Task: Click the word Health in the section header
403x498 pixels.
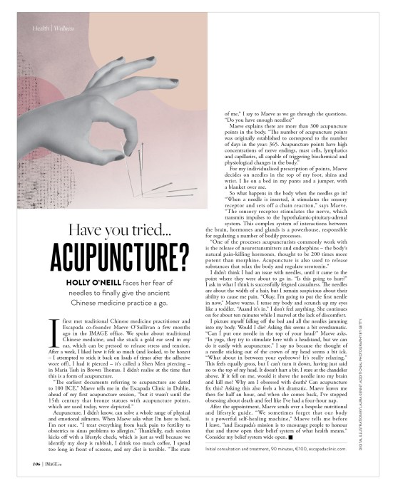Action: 39,28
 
